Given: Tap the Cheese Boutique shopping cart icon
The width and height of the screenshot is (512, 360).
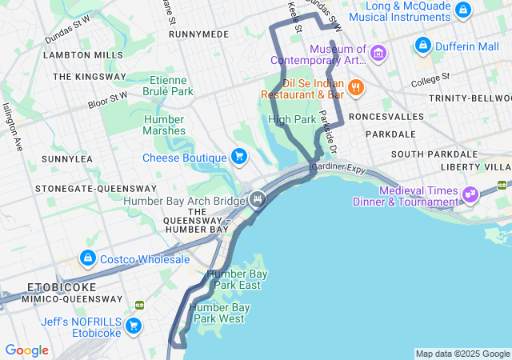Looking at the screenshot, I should pos(238,155).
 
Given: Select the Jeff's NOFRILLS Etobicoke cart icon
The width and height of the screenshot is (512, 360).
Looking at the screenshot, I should pos(134,326).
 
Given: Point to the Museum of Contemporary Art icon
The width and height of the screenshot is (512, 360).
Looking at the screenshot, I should pos(379,54).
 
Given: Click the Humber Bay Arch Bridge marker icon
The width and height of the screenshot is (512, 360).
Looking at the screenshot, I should pos(257,199).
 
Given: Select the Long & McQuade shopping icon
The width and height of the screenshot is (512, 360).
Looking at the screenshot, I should pos(462,10).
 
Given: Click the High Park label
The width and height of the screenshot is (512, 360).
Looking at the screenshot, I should pos(292,119).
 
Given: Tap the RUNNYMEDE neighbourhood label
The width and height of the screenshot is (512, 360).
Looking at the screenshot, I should pos(199,35).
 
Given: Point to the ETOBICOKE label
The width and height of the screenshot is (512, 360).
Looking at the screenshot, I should pos(62,286).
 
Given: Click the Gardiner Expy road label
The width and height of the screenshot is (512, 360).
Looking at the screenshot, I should pos(338,167).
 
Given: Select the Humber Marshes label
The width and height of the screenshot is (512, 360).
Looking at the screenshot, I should pos(164,125).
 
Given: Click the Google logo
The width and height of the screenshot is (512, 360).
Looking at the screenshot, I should pos(26,350).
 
